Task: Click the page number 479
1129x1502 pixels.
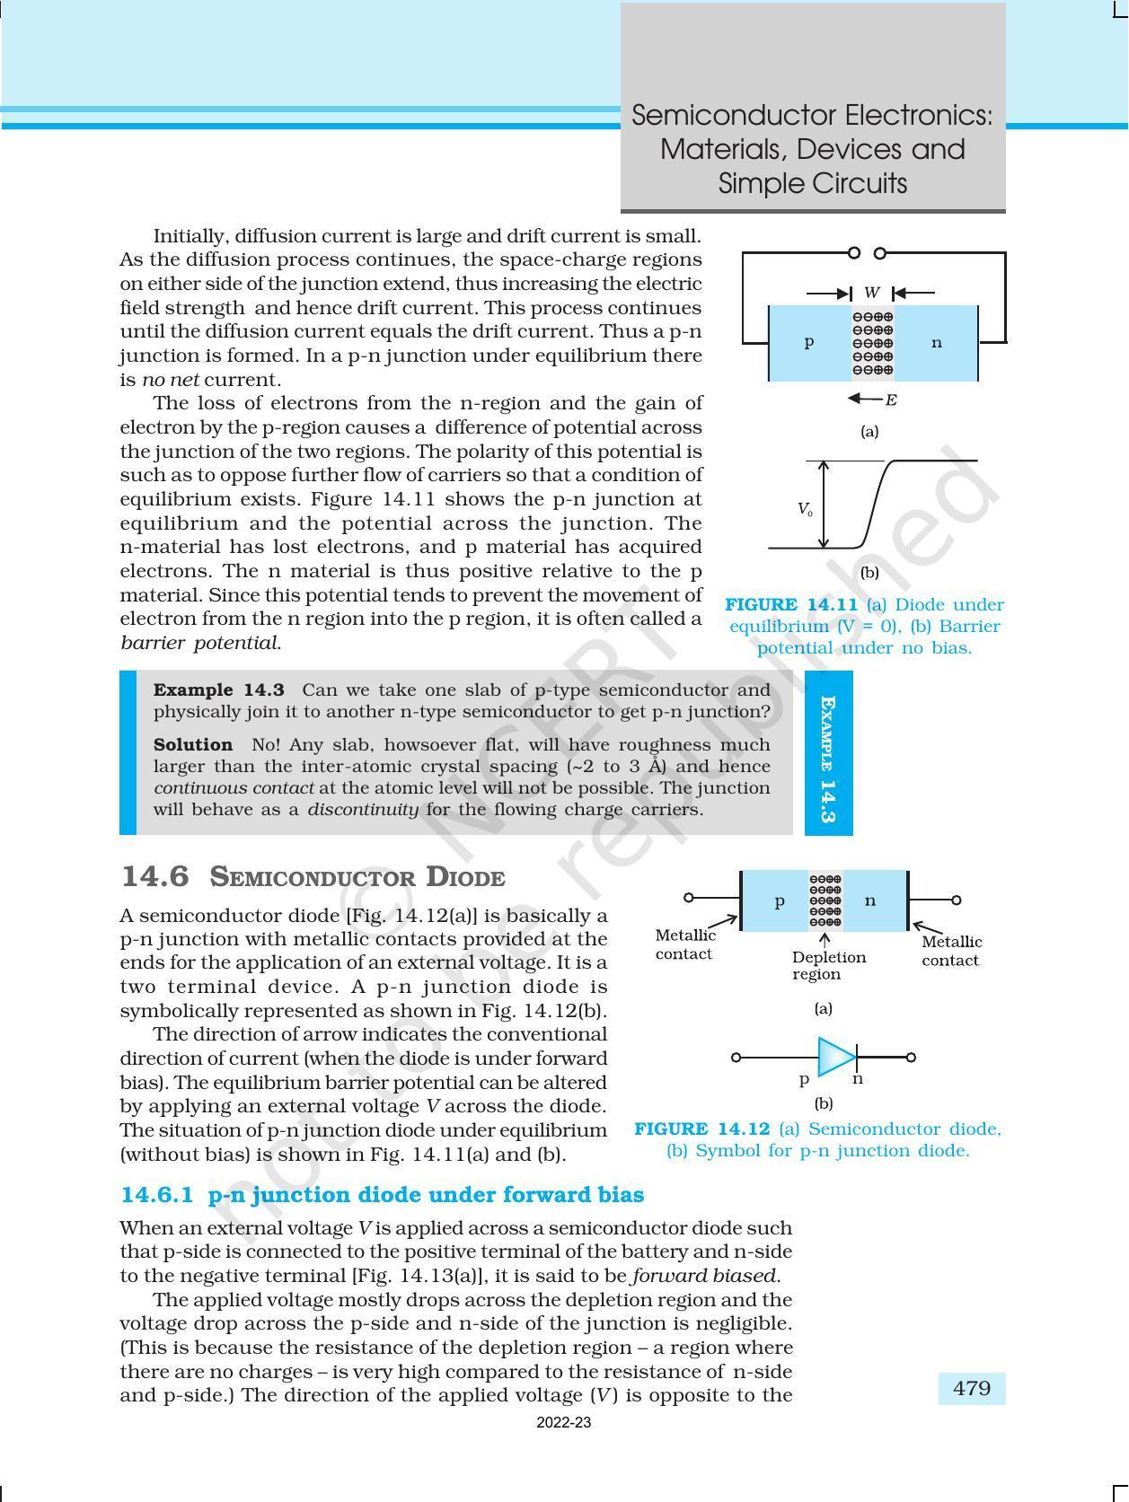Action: click(972, 1388)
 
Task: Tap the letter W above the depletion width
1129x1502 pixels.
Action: click(871, 293)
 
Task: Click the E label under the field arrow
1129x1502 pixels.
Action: click(891, 400)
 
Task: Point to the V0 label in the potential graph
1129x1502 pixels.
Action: click(805, 509)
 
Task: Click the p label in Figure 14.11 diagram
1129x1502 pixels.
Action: click(808, 342)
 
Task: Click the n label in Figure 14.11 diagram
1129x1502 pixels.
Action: click(937, 342)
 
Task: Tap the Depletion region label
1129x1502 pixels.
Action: click(828, 965)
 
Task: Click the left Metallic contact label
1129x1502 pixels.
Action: click(685, 944)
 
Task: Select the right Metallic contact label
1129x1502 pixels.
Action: click(951, 951)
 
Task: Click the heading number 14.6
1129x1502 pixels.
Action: click(154, 876)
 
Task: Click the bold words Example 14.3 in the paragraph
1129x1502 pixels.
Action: click(218, 690)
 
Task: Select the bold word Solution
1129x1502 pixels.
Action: click(192, 744)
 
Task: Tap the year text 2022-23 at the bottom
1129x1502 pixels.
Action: click(563, 1422)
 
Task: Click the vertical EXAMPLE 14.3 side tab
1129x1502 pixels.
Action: click(828, 752)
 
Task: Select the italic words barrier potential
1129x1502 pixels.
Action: click(200, 643)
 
